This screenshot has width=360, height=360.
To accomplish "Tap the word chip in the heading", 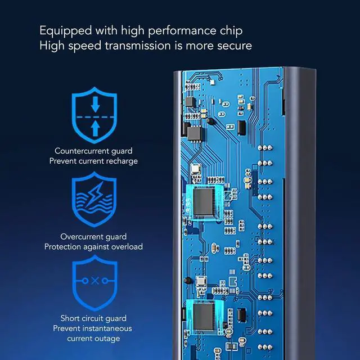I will (231, 31).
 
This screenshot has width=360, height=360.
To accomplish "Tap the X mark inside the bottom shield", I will (95, 280).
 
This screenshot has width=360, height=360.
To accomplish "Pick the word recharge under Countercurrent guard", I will (123, 161).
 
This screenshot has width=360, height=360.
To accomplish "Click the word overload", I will (128, 246).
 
